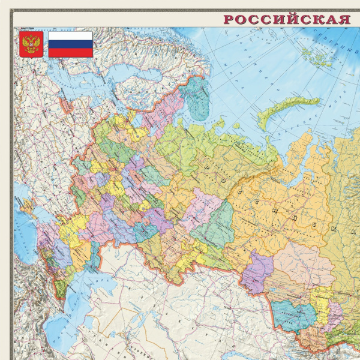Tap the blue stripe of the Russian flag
[70, 44]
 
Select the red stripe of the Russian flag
[70, 52]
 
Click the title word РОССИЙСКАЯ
[287, 19]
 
